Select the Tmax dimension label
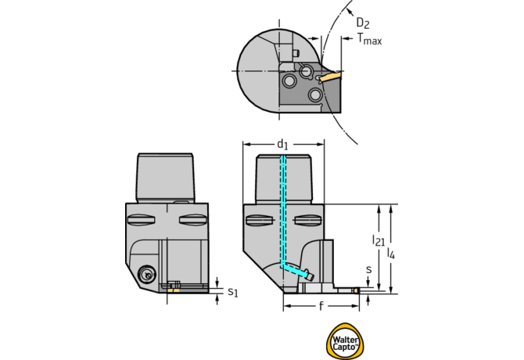click(x=369, y=40)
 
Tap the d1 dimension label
click(x=282, y=144)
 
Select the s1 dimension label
click(x=232, y=293)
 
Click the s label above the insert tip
click(x=369, y=269)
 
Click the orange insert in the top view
click(x=331, y=77)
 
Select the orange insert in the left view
click(x=176, y=290)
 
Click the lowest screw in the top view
click(x=315, y=95)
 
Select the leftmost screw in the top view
click(x=290, y=81)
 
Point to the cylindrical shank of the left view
click(x=166, y=177)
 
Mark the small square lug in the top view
click(x=297, y=53)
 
